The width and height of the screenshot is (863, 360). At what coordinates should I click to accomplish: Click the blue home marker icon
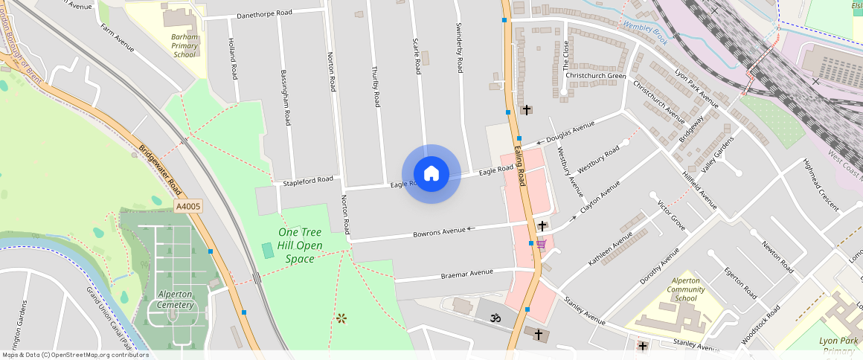tap(431, 174)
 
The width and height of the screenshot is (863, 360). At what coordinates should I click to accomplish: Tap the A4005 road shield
tap(188, 206)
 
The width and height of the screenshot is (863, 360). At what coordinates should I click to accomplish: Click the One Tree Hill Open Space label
tap(300, 245)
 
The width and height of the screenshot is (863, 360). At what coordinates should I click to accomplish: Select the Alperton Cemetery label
tap(176, 299)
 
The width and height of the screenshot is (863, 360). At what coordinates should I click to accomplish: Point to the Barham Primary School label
tap(185, 45)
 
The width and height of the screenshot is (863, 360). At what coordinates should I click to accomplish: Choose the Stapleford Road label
tap(307, 180)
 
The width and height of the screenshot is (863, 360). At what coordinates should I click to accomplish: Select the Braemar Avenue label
tap(467, 274)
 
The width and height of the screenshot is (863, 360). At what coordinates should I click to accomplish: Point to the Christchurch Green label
tap(595, 75)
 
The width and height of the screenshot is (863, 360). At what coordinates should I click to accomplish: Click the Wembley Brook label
tap(645, 32)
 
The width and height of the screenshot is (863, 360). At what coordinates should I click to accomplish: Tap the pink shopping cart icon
tap(542, 244)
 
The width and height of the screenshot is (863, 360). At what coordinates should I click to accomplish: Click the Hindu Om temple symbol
tap(492, 318)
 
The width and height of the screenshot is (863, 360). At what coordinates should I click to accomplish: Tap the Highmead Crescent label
tap(821, 184)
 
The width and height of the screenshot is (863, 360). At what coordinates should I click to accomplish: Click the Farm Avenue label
tap(117, 37)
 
